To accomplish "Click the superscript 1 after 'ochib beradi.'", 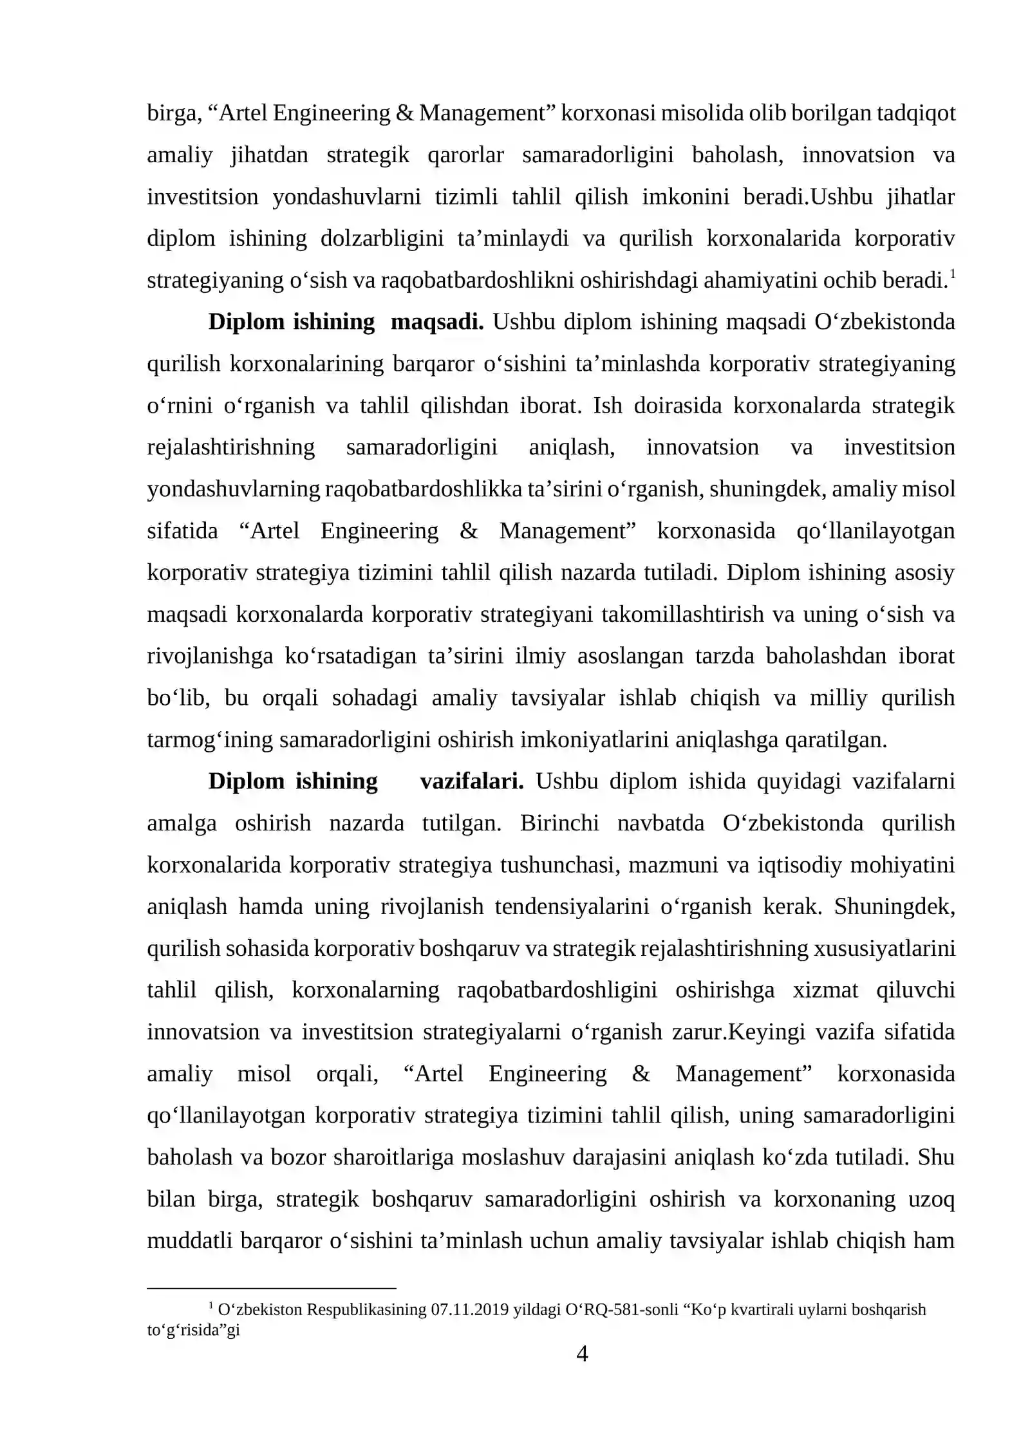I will (x=952, y=274).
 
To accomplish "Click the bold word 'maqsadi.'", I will (x=437, y=322).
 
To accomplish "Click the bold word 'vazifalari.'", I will (x=472, y=781).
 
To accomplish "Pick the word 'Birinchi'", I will (x=559, y=823).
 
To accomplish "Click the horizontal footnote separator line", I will (x=271, y=1289).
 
